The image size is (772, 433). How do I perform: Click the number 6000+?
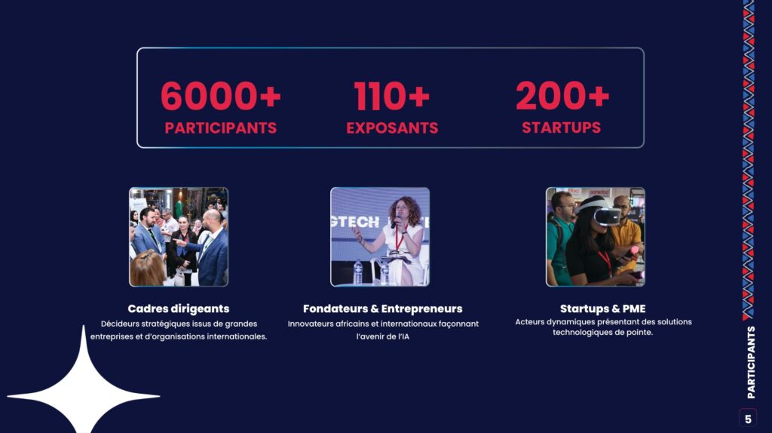tap(221, 96)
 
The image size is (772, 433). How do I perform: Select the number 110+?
tap(392, 96)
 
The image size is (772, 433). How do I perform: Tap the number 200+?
tap(562, 96)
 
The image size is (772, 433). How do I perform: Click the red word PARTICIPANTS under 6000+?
tap(221, 128)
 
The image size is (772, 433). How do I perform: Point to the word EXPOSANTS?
tap(392, 128)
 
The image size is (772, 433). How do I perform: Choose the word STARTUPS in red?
tap(561, 127)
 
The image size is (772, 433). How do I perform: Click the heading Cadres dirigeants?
tap(179, 309)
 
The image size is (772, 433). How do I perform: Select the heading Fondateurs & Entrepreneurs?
tap(382, 309)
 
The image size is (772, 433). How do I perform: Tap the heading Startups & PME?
tap(602, 309)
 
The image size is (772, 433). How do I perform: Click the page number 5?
tap(748, 419)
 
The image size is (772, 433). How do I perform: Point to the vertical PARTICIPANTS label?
tap(751, 362)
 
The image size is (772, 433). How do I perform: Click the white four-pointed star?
tap(83, 389)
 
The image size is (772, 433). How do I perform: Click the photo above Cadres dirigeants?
tap(179, 237)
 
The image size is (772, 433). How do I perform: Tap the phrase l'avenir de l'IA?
tap(382, 337)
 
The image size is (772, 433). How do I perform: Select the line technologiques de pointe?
tap(602, 333)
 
